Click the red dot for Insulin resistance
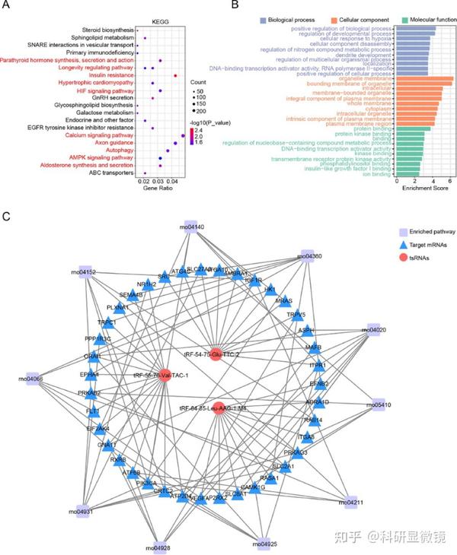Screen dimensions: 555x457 coord(176,75)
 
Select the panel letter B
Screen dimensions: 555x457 coord(235,5)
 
